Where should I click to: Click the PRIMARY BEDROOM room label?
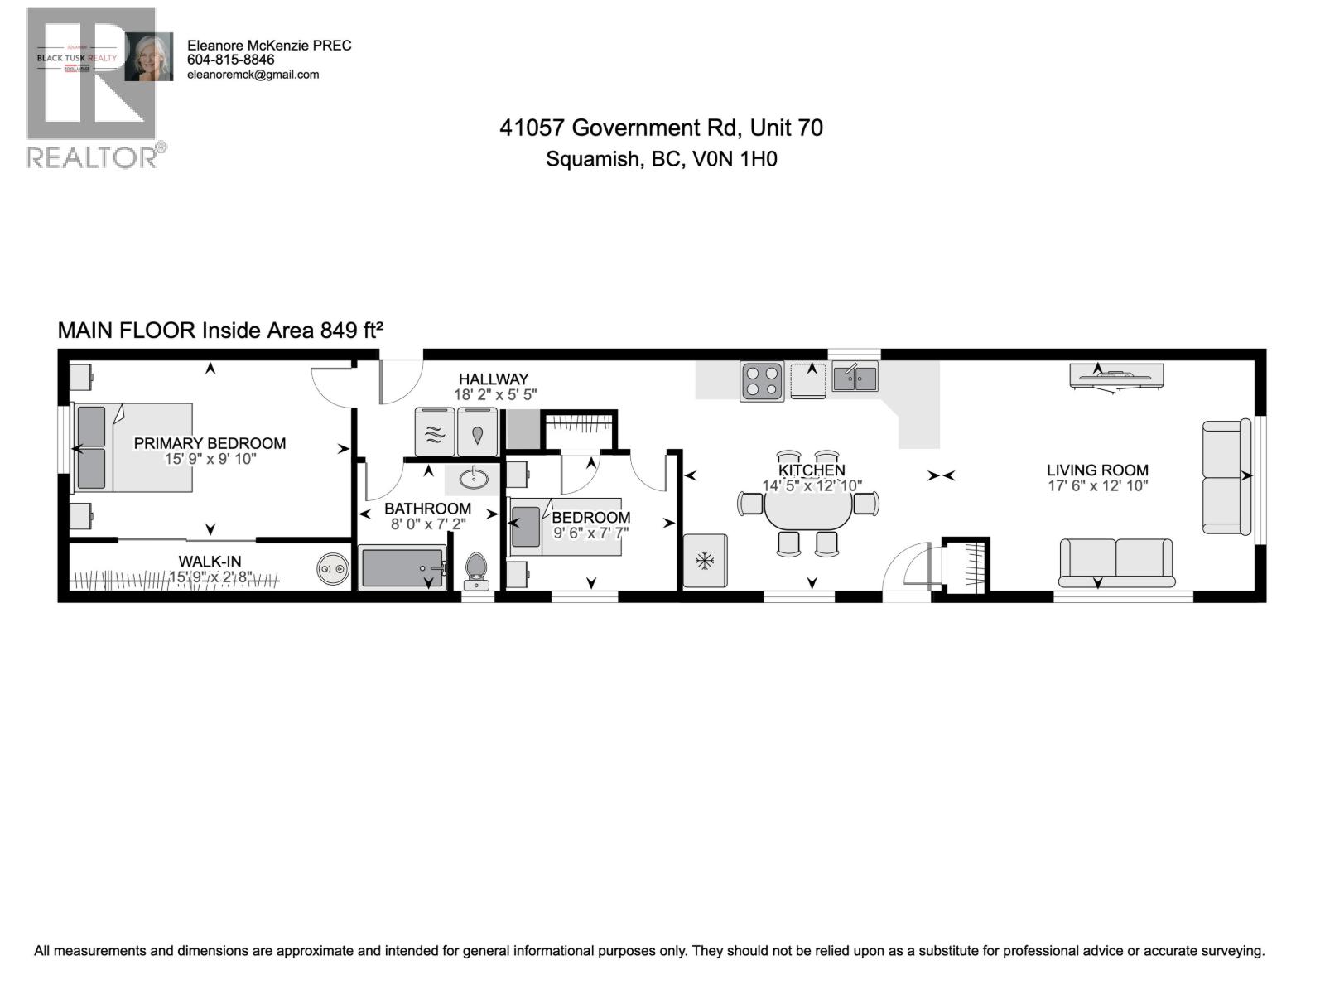pos(210,443)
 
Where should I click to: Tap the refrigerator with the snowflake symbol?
pos(705,562)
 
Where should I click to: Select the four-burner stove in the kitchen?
pos(762,382)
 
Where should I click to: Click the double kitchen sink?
pos(855,379)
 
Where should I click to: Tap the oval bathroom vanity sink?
pos(473,479)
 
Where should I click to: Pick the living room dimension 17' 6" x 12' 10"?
pos(1097,486)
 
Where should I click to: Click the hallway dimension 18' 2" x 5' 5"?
pos(494,395)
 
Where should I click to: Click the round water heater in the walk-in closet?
pos(334,570)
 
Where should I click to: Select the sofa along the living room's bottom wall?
pos(1116,561)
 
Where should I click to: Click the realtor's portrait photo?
pos(149,57)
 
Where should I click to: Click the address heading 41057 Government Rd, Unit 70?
pos(661,128)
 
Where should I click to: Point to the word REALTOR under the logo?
pos(91,157)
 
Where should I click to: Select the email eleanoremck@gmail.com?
pos(253,75)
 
